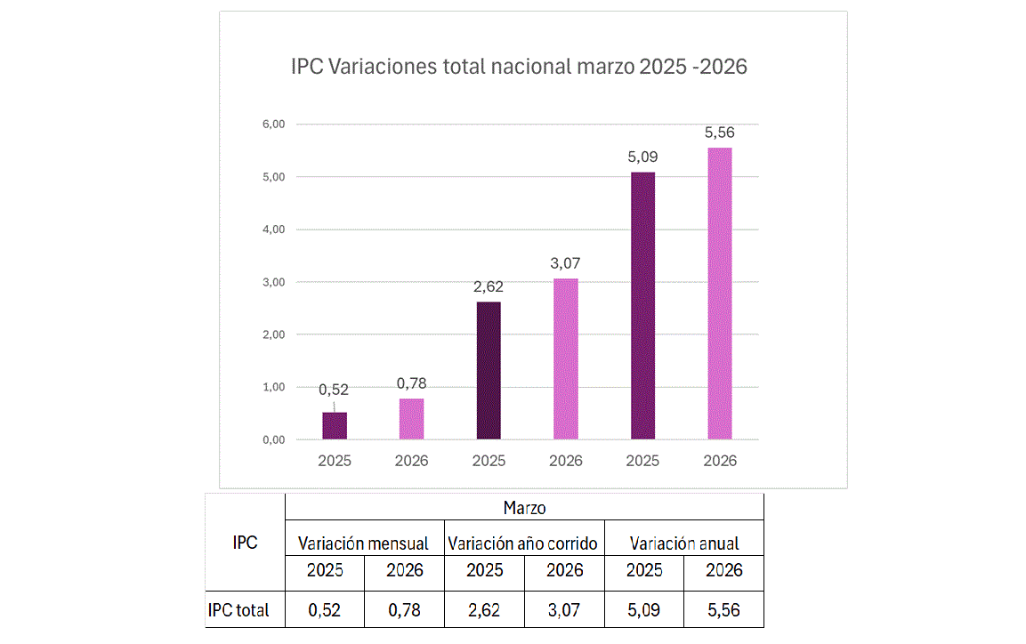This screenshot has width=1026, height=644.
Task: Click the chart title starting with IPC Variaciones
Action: coord(519,67)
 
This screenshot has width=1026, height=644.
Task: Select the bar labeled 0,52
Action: coord(335,425)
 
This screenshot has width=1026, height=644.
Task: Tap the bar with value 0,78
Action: coord(412,418)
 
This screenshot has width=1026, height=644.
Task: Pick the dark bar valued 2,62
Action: coord(489,370)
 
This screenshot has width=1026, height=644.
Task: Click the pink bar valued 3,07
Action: coord(566,358)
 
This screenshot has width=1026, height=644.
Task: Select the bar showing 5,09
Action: coord(642,305)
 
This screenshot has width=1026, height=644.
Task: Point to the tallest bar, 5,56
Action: coord(719,293)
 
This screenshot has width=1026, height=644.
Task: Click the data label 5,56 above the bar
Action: coord(719,133)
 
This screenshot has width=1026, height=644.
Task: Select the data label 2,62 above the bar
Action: coord(489,287)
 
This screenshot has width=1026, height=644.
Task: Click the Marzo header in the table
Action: coord(524,508)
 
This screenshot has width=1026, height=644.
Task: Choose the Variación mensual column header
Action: coord(363,543)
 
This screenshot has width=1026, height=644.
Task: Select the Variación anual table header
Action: coord(684,543)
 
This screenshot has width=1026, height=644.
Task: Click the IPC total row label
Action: coord(238,611)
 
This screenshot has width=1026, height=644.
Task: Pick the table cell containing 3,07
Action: coord(565,611)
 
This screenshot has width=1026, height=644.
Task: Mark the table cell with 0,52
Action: coord(325,611)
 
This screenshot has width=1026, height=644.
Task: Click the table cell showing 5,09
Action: coord(644,611)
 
